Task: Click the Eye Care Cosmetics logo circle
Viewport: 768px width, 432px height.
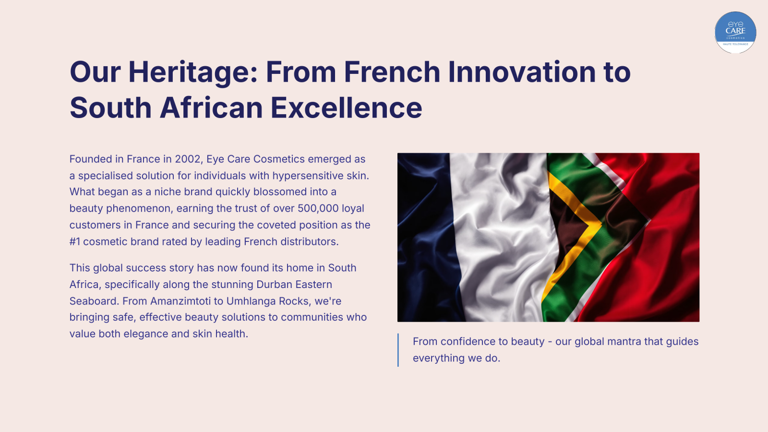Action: click(735, 32)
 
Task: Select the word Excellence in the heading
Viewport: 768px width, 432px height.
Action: click(346, 108)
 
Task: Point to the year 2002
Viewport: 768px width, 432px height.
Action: click(188, 159)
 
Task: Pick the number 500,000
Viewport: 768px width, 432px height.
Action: click(318, 208)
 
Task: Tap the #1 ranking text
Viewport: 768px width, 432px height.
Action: click(75, 241)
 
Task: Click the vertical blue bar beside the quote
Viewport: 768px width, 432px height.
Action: click(398, 350)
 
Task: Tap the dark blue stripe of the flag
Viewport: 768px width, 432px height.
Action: click(425, 237)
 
